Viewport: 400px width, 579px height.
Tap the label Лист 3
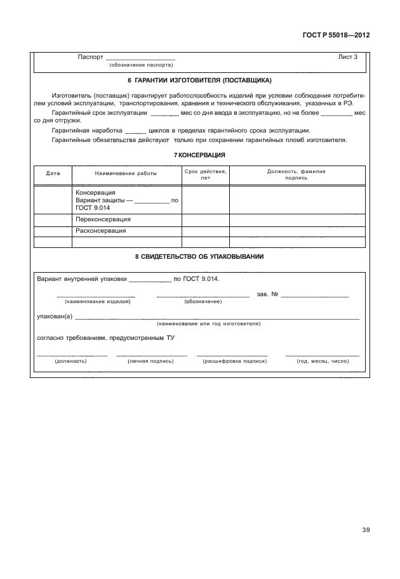point(348,57)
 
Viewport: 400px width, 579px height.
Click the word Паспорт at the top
point(90,57)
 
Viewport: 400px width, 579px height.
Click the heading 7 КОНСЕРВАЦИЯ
point(200,155)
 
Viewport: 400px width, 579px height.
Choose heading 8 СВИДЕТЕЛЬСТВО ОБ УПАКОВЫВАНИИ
point(199,257)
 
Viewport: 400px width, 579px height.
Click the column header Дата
point(53,172)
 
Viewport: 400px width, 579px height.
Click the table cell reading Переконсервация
point(103,219)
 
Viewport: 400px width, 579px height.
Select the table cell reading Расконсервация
point(100,231)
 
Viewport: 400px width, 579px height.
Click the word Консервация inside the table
point(95,192)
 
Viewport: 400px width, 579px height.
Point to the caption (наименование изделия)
point(97,301)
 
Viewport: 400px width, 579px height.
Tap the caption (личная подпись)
point(150,361)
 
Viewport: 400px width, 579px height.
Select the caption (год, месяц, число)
point(323,361)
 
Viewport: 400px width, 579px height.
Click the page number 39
point(365,530)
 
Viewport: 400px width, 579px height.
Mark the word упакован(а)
point(55,316)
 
